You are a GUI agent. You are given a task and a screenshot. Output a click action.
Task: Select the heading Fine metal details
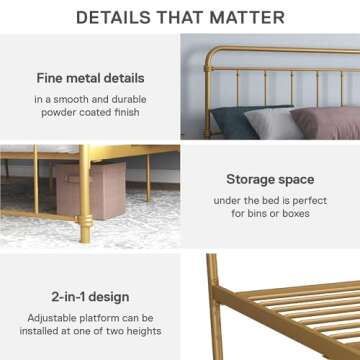(x=89, y=78)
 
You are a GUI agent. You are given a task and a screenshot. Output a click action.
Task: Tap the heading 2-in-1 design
(x=89, y=297)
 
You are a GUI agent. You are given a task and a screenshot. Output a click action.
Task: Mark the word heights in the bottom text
(x=140, y=332)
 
